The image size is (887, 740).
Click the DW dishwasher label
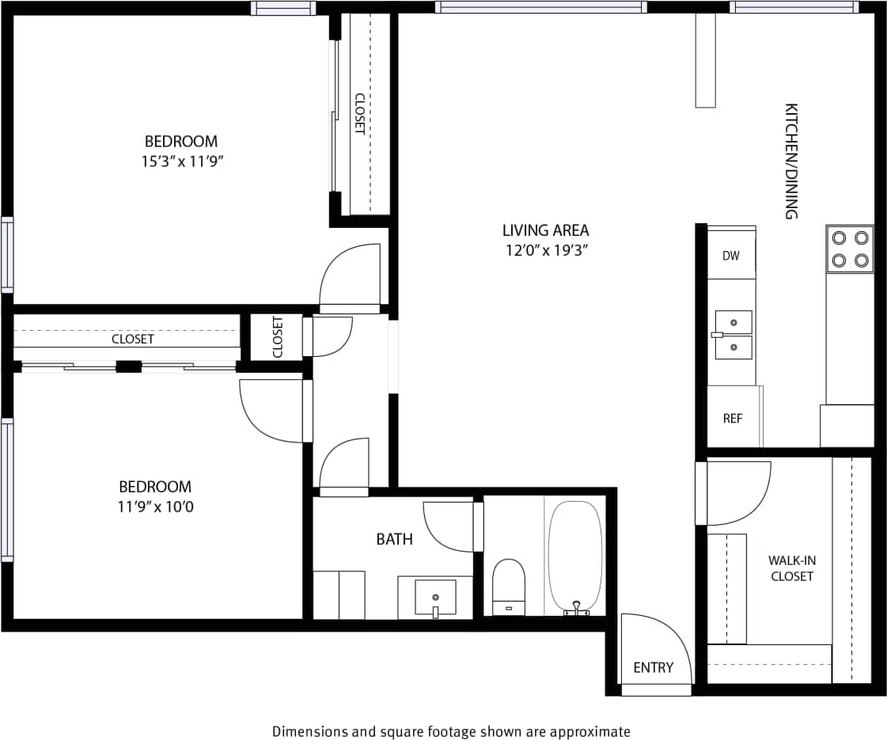730,256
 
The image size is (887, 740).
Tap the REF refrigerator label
733,418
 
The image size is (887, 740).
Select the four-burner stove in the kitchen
850,249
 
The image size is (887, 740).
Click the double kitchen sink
733,335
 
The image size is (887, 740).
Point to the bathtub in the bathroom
575,556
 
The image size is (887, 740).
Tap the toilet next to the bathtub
509,586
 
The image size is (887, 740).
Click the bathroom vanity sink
435,597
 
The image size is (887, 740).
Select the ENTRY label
653,667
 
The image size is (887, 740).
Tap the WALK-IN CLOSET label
791,568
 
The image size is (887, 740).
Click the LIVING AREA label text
545,230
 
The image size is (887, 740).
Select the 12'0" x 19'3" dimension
545,251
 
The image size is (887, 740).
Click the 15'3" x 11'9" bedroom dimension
180,161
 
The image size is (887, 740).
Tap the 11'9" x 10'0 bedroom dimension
155,507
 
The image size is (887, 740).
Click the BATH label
394,539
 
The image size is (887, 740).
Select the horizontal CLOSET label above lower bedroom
132,339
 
